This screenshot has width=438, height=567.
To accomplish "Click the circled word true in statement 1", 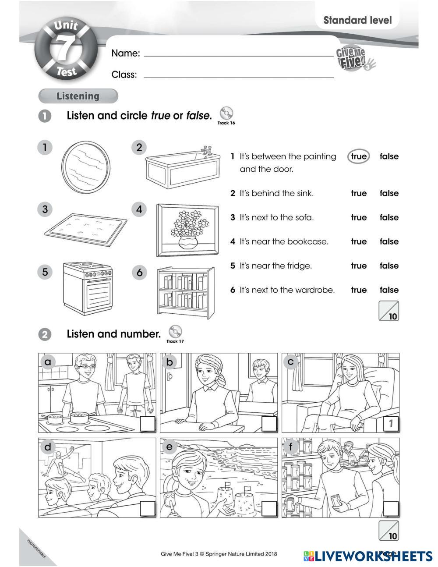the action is pos(358,156).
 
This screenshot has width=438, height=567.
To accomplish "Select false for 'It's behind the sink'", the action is pos(389,193).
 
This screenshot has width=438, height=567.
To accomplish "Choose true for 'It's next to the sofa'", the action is pos(358,217).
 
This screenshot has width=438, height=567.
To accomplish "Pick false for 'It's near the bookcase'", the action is pos(389,241).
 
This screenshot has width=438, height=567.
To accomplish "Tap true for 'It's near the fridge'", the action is pos(358,266).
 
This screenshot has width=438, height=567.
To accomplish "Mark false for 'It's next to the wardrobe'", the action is pos(389,290).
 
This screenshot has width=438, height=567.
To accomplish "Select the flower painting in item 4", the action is pos(187,230).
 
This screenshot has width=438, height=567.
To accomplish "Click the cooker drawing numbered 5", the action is pos(87,288).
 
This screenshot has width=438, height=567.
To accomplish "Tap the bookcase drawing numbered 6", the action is pos(186,291).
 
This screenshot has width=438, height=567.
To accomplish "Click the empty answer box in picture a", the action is pos(148,424).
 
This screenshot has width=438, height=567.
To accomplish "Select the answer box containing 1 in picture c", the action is pos(391,424).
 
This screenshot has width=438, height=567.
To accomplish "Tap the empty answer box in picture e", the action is pos(269,509).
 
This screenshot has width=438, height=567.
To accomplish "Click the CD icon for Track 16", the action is pos(226,113).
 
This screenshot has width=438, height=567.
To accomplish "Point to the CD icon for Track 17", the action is pos(175,331).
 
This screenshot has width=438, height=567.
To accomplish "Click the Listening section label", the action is pos(78,96).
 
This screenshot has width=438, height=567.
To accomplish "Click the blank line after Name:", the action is pos(239,56).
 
